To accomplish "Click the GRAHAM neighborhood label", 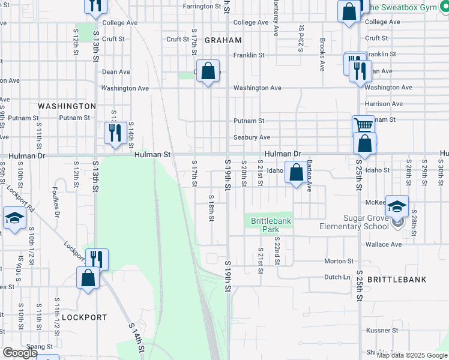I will [223, 40].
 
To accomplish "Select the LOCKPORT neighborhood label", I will [84, 317].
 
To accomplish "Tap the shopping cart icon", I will [363, 125].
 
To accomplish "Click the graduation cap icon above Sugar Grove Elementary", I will [397, 206].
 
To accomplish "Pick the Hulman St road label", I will [152, 155].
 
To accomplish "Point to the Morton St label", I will [339, 261].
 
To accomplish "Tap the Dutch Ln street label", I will [337, 277].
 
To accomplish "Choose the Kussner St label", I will [378, 331].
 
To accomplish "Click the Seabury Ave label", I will [252, 137].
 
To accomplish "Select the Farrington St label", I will [202, 6].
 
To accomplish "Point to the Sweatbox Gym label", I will [405, 7].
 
